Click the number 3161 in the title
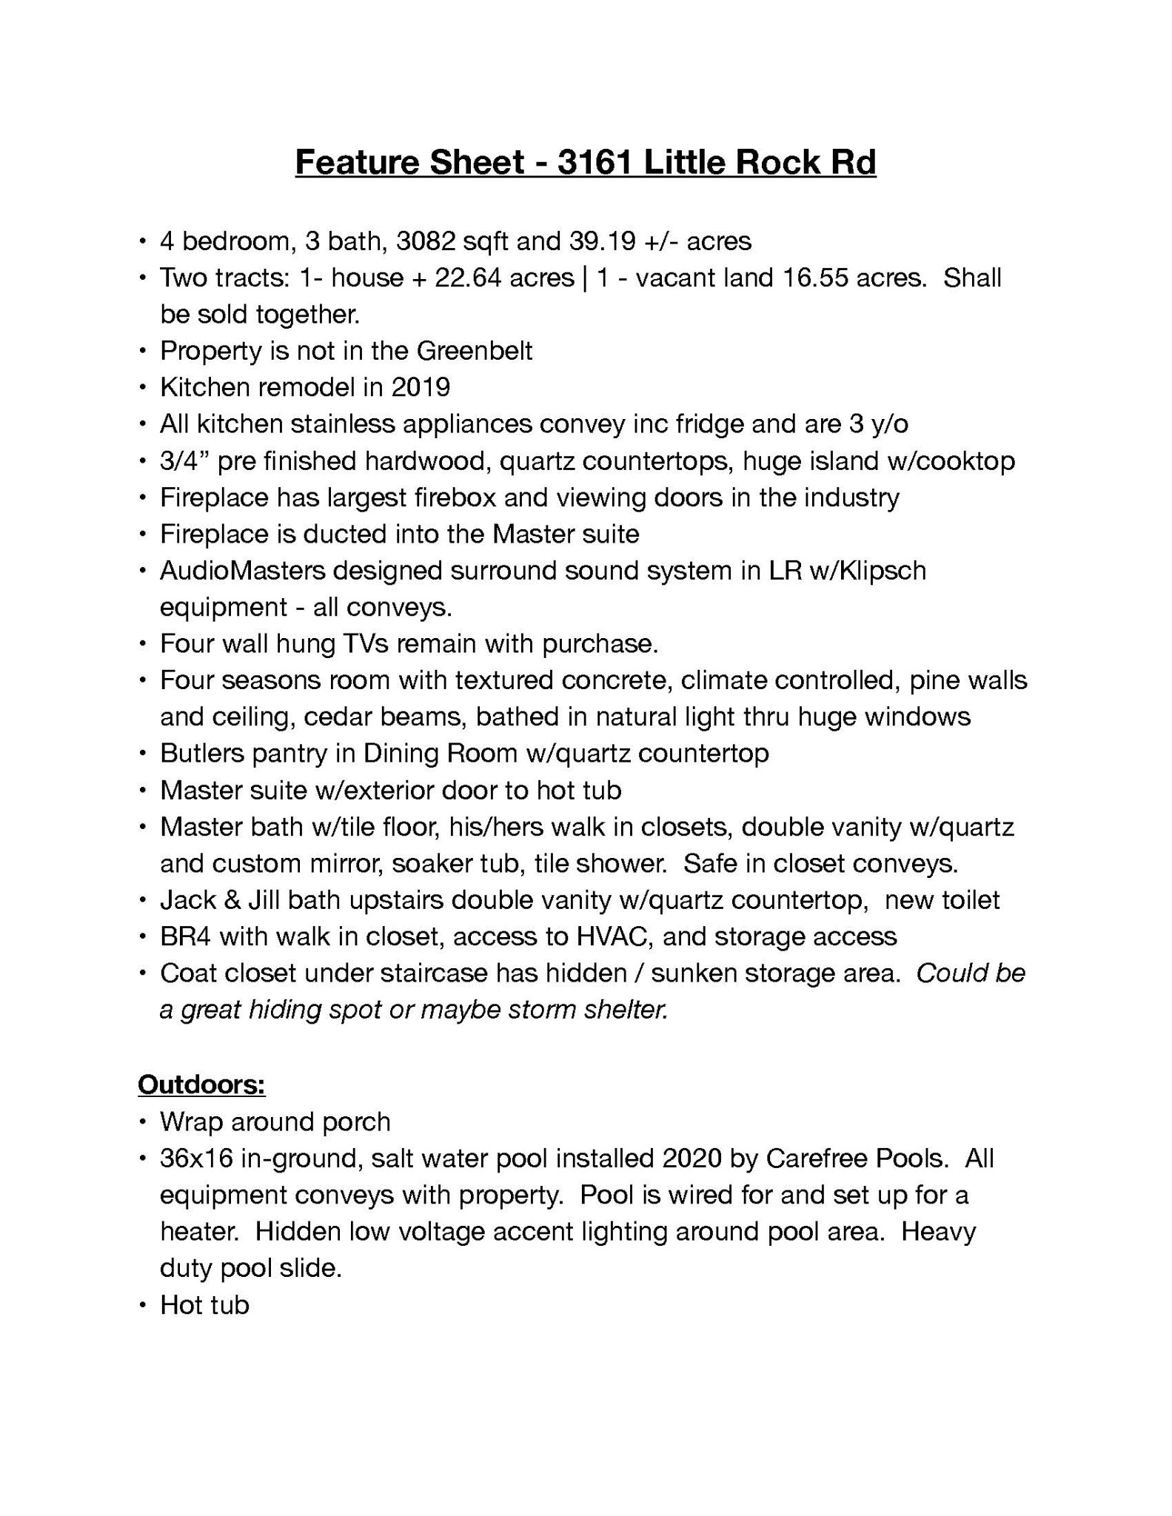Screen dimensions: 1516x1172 (595, 162)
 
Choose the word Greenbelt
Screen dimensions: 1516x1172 (475, 351)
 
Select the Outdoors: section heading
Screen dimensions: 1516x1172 (201, 1084)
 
